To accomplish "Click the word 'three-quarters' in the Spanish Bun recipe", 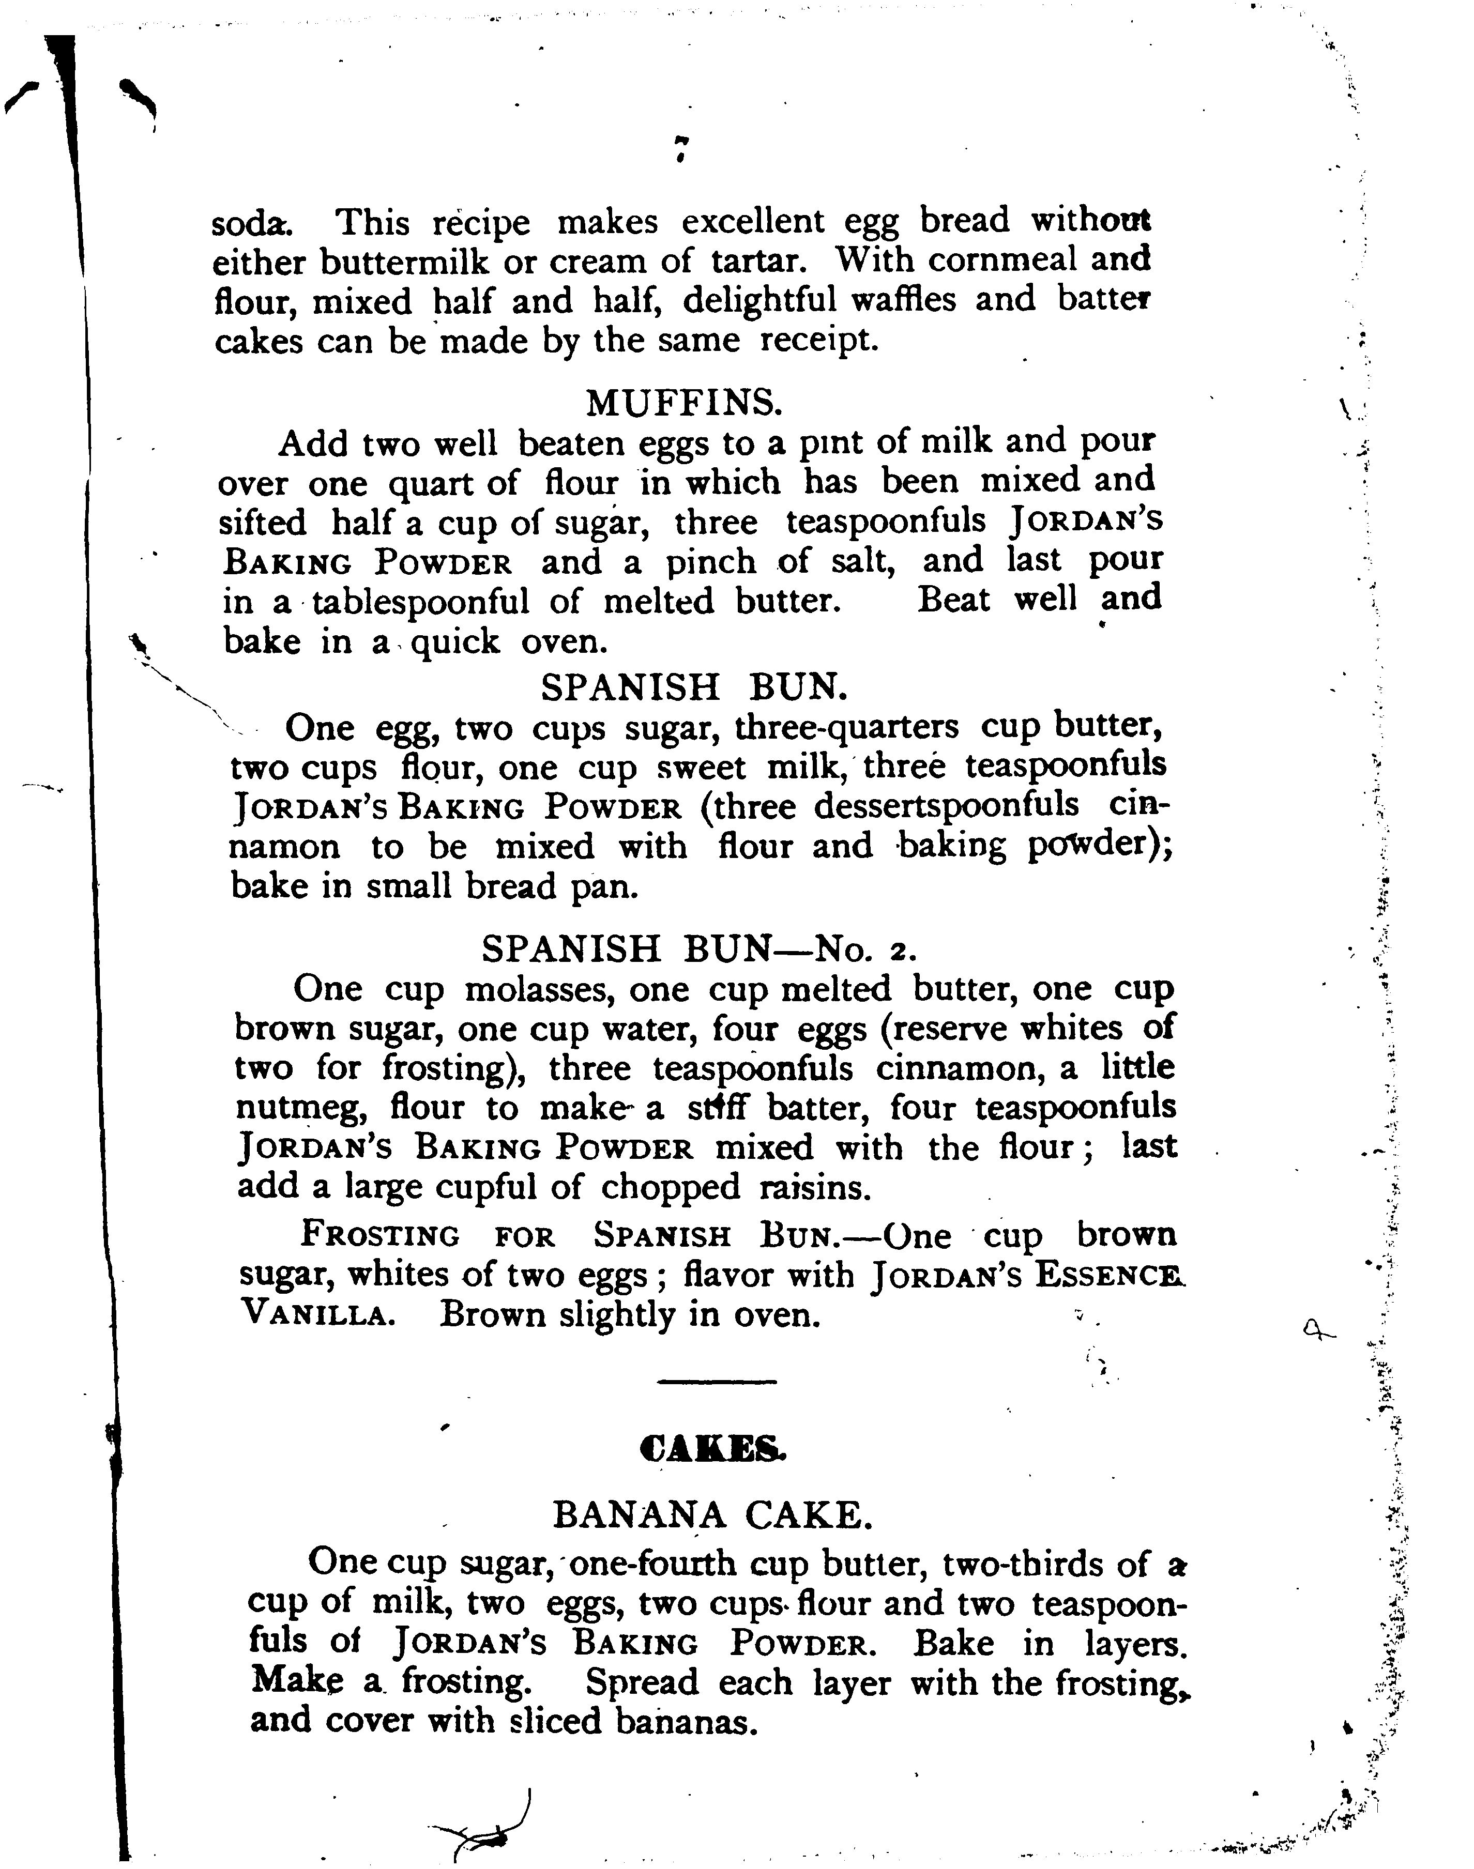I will click(x=846, y=727).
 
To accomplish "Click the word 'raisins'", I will click(x=814, y=1188).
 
